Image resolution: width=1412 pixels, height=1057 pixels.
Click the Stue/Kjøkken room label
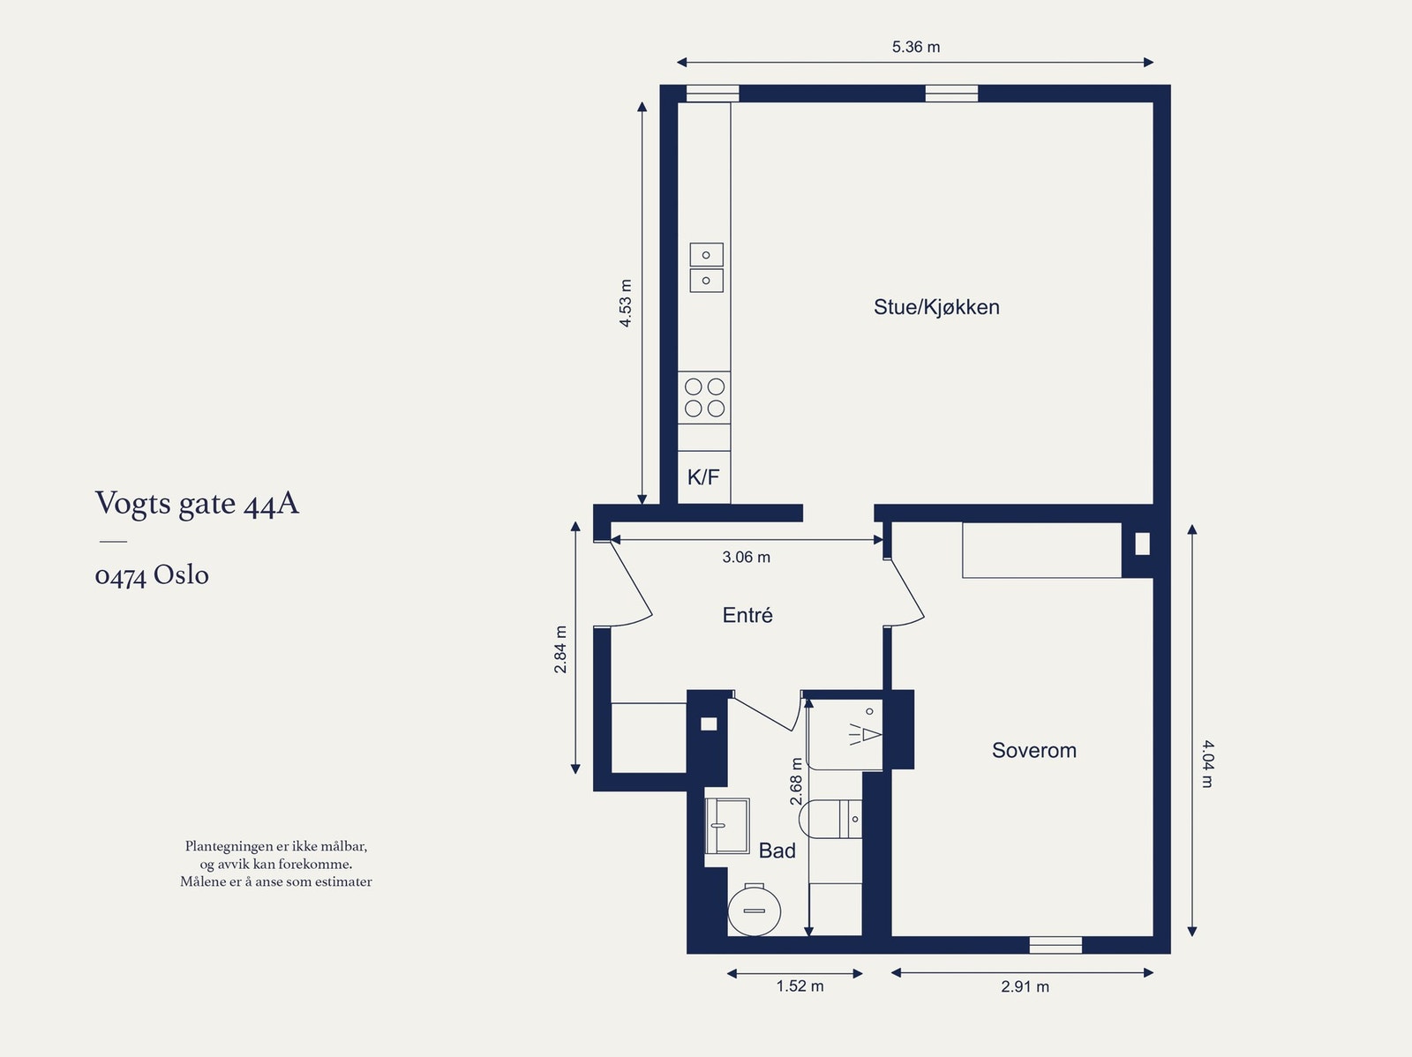936,307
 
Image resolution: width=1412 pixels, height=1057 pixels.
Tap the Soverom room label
1033,751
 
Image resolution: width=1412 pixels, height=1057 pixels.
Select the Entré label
747,616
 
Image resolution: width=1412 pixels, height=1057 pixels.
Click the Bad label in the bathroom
777,851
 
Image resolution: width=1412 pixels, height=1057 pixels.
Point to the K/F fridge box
703,477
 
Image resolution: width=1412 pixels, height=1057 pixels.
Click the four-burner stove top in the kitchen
704,397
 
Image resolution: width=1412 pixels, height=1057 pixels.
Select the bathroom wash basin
726,826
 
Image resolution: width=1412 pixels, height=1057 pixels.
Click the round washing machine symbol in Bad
755,910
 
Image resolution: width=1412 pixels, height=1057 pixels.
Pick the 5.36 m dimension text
915,47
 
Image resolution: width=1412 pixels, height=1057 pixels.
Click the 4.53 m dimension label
626,304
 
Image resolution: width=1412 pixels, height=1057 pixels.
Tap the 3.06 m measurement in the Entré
746,558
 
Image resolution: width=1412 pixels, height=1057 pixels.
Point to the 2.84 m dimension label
560,649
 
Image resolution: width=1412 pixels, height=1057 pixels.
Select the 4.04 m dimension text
1207,763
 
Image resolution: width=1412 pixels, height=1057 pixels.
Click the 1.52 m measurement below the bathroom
800,986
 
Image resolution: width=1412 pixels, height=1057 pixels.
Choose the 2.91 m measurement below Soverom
1025,987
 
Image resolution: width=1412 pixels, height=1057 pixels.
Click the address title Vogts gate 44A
197,504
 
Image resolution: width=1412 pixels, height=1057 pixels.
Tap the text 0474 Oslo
152,575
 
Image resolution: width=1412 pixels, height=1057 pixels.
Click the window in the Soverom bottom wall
1055,945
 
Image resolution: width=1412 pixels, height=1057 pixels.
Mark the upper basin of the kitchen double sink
706,255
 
